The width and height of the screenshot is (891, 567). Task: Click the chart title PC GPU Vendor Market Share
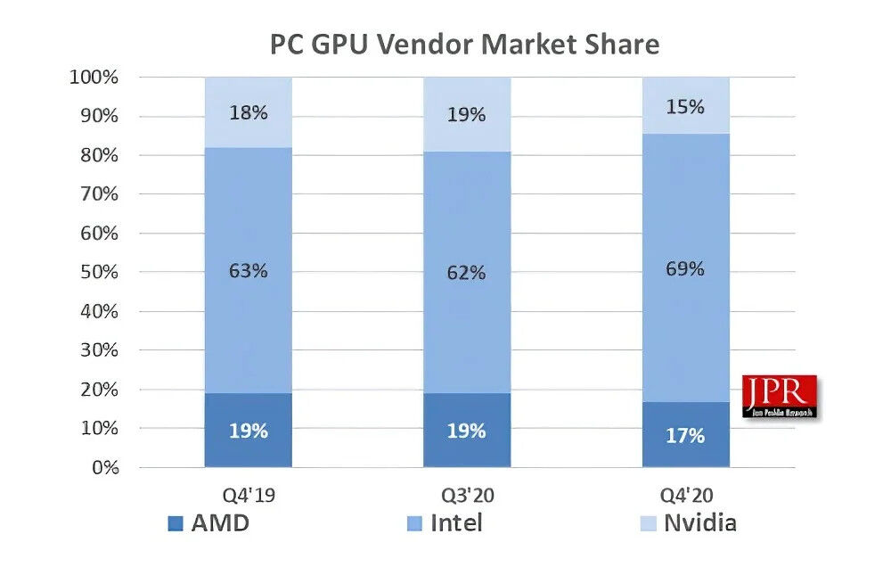point(464,43)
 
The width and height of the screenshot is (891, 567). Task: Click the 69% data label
point(685,268)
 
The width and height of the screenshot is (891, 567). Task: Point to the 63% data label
point(248,270)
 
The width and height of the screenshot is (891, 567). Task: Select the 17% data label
point(685,436)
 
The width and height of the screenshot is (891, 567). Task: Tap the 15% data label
point(685,107)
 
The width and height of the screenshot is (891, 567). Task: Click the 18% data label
point(248,113)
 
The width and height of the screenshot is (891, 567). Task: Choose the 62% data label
point(467,273)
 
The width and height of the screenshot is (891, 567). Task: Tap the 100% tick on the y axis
point(94,78)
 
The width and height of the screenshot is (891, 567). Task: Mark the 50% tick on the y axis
point(97,272)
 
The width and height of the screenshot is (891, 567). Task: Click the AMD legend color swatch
point(175,523)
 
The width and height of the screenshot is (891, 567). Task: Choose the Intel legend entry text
point(456,522)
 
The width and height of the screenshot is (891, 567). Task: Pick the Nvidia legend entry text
point(699,522)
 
